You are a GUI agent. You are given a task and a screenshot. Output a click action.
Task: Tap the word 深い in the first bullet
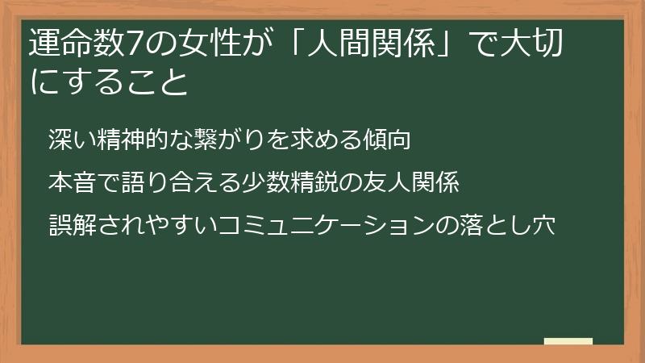pyautogui.click(x=72, y=140)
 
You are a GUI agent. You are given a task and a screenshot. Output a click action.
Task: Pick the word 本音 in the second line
pyautogui.click(x=71, y=182)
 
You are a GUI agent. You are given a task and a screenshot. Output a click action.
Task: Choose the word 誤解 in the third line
pyautogui.click(x=71, y=225)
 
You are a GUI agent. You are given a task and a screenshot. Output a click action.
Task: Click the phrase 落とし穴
pyautogui.click(x=509, y=225)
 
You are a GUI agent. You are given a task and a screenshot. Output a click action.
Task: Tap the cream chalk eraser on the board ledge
pyautogui.click(x=568, y=341)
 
